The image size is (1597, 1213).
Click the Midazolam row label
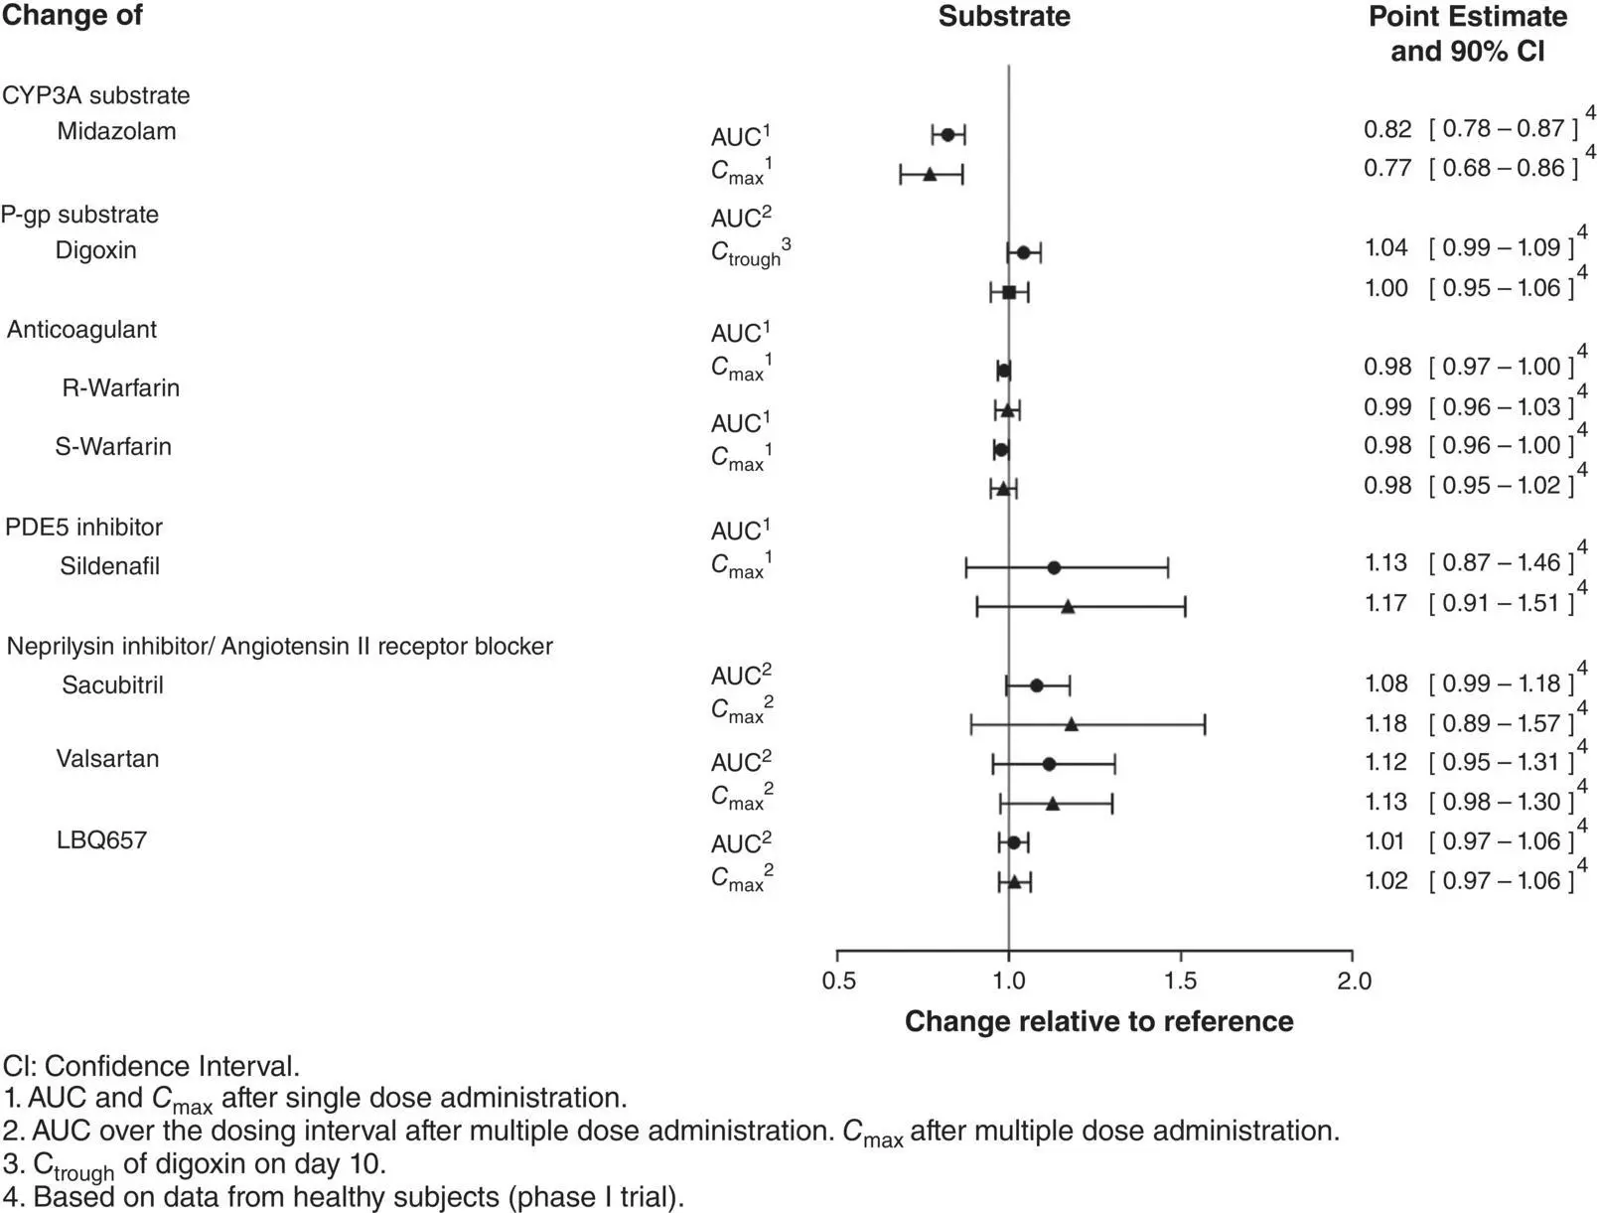coord(116,131)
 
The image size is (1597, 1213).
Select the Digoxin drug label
coord(95,249)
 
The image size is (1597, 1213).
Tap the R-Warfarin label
coord(121,387)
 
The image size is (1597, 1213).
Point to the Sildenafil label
coord(109,566)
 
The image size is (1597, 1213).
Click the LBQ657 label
coord(101,840)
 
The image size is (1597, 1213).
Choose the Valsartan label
coord(107,759)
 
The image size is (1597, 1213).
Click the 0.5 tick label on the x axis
coord(838,982)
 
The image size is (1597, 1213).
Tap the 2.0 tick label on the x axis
coord(1354,982)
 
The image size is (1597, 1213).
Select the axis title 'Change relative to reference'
coord(1098,1021)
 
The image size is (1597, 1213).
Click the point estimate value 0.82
coord(1387,128)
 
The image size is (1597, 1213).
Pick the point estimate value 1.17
coord(1387,603)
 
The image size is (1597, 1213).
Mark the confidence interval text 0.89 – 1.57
coord(1502,723)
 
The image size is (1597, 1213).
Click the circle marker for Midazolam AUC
coord(947,135)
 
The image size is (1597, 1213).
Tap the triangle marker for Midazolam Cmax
coord(930,175)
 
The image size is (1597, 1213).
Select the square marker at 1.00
coord(1009,292)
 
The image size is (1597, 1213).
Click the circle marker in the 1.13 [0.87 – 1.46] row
coord(1054,568)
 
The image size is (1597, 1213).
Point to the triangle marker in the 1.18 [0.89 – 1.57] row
coord(1071,724)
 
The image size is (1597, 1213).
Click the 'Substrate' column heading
coord(1004,17)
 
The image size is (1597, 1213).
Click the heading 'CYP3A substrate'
coord(95,95)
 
